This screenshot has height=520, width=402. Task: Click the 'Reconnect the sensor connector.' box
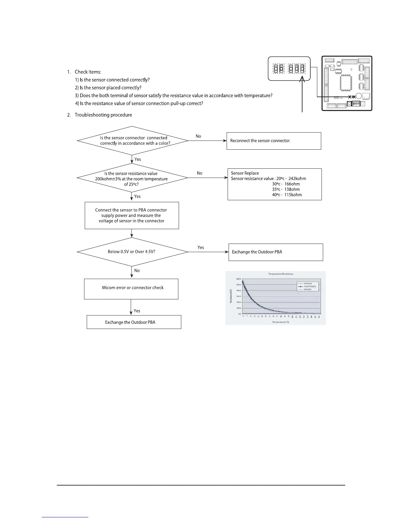tap(274, 141)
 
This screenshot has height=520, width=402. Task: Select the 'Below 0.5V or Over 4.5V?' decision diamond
tap(132, 252)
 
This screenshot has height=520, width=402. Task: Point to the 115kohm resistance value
tap(293, 195)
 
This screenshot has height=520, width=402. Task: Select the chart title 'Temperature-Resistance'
tap(280, 274)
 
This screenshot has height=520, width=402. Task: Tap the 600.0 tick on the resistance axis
tap(238, 279)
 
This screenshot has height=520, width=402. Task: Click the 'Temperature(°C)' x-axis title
tap(280, 322)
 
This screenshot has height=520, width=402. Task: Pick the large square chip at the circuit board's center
tap(346, 82)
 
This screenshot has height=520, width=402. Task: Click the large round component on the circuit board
tap(359, 96)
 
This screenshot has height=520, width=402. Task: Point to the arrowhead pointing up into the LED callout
tap(302, 79)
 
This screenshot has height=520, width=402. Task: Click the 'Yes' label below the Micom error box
tap(137, 311)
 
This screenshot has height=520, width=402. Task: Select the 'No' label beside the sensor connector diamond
tap(198, 136)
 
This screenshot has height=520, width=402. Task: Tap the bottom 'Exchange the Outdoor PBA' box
tap(134, 322)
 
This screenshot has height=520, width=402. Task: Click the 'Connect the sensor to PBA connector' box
tap(132, 215)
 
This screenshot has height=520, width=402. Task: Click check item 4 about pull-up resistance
tap(139, 103)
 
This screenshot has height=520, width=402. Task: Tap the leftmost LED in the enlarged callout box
tap(276, 69)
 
